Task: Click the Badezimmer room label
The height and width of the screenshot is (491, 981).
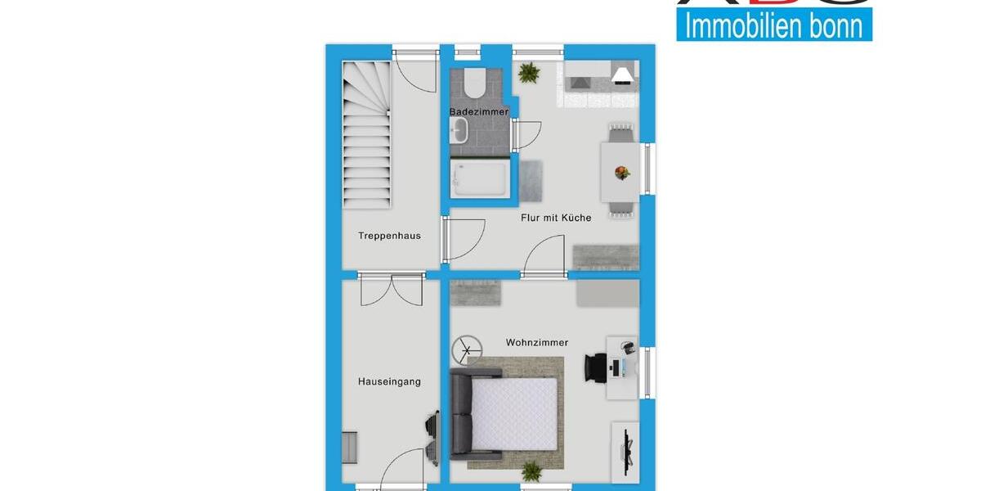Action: point(478,111)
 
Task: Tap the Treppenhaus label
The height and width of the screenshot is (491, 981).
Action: point(389,236)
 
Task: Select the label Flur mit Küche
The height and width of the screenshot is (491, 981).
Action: point(556,218)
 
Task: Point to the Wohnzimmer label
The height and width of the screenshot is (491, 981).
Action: point(537,343)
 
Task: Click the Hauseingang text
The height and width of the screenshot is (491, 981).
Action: point(389,381)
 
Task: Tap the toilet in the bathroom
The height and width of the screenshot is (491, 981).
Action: point(473,83)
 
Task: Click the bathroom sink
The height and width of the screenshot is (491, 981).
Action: point(458,129)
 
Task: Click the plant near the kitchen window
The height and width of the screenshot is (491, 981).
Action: point(529,73)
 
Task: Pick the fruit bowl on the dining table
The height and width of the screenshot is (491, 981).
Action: point(622,172)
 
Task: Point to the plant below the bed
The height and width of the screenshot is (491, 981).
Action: point(532,471)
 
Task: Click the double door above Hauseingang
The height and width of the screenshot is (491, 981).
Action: point(391,288)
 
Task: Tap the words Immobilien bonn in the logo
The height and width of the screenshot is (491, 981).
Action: point(773,25)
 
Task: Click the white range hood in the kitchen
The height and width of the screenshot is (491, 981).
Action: point(622,75)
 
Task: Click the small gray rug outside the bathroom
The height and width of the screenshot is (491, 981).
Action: point(531,180)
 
